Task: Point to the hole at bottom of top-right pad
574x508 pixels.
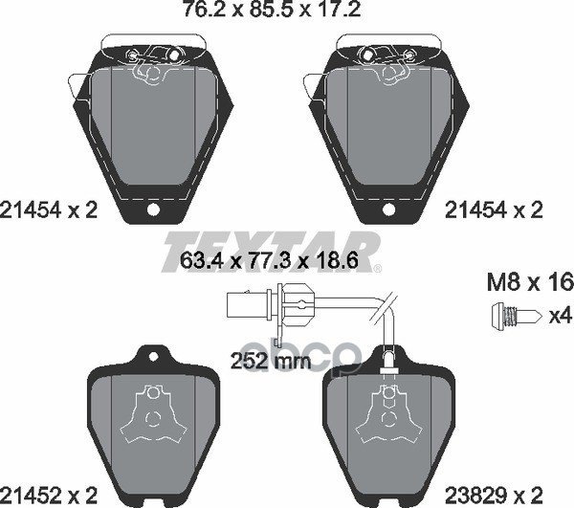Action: tap(387, 210)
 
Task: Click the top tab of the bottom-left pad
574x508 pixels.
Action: tap(150, 356)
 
